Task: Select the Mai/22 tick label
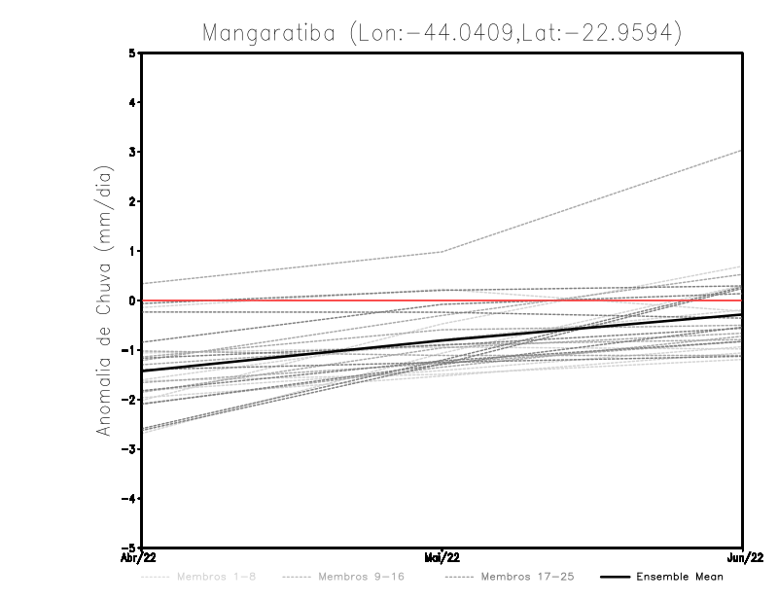[x=442, y=558]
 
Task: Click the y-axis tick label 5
[x=132, y=53]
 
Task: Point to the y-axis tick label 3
[x=132, y=152]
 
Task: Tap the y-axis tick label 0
[x=132, y=300]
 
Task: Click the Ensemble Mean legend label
[x=679, y=577]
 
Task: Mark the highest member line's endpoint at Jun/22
[x=742, y=151]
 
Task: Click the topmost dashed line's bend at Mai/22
[x=442, y=252]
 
